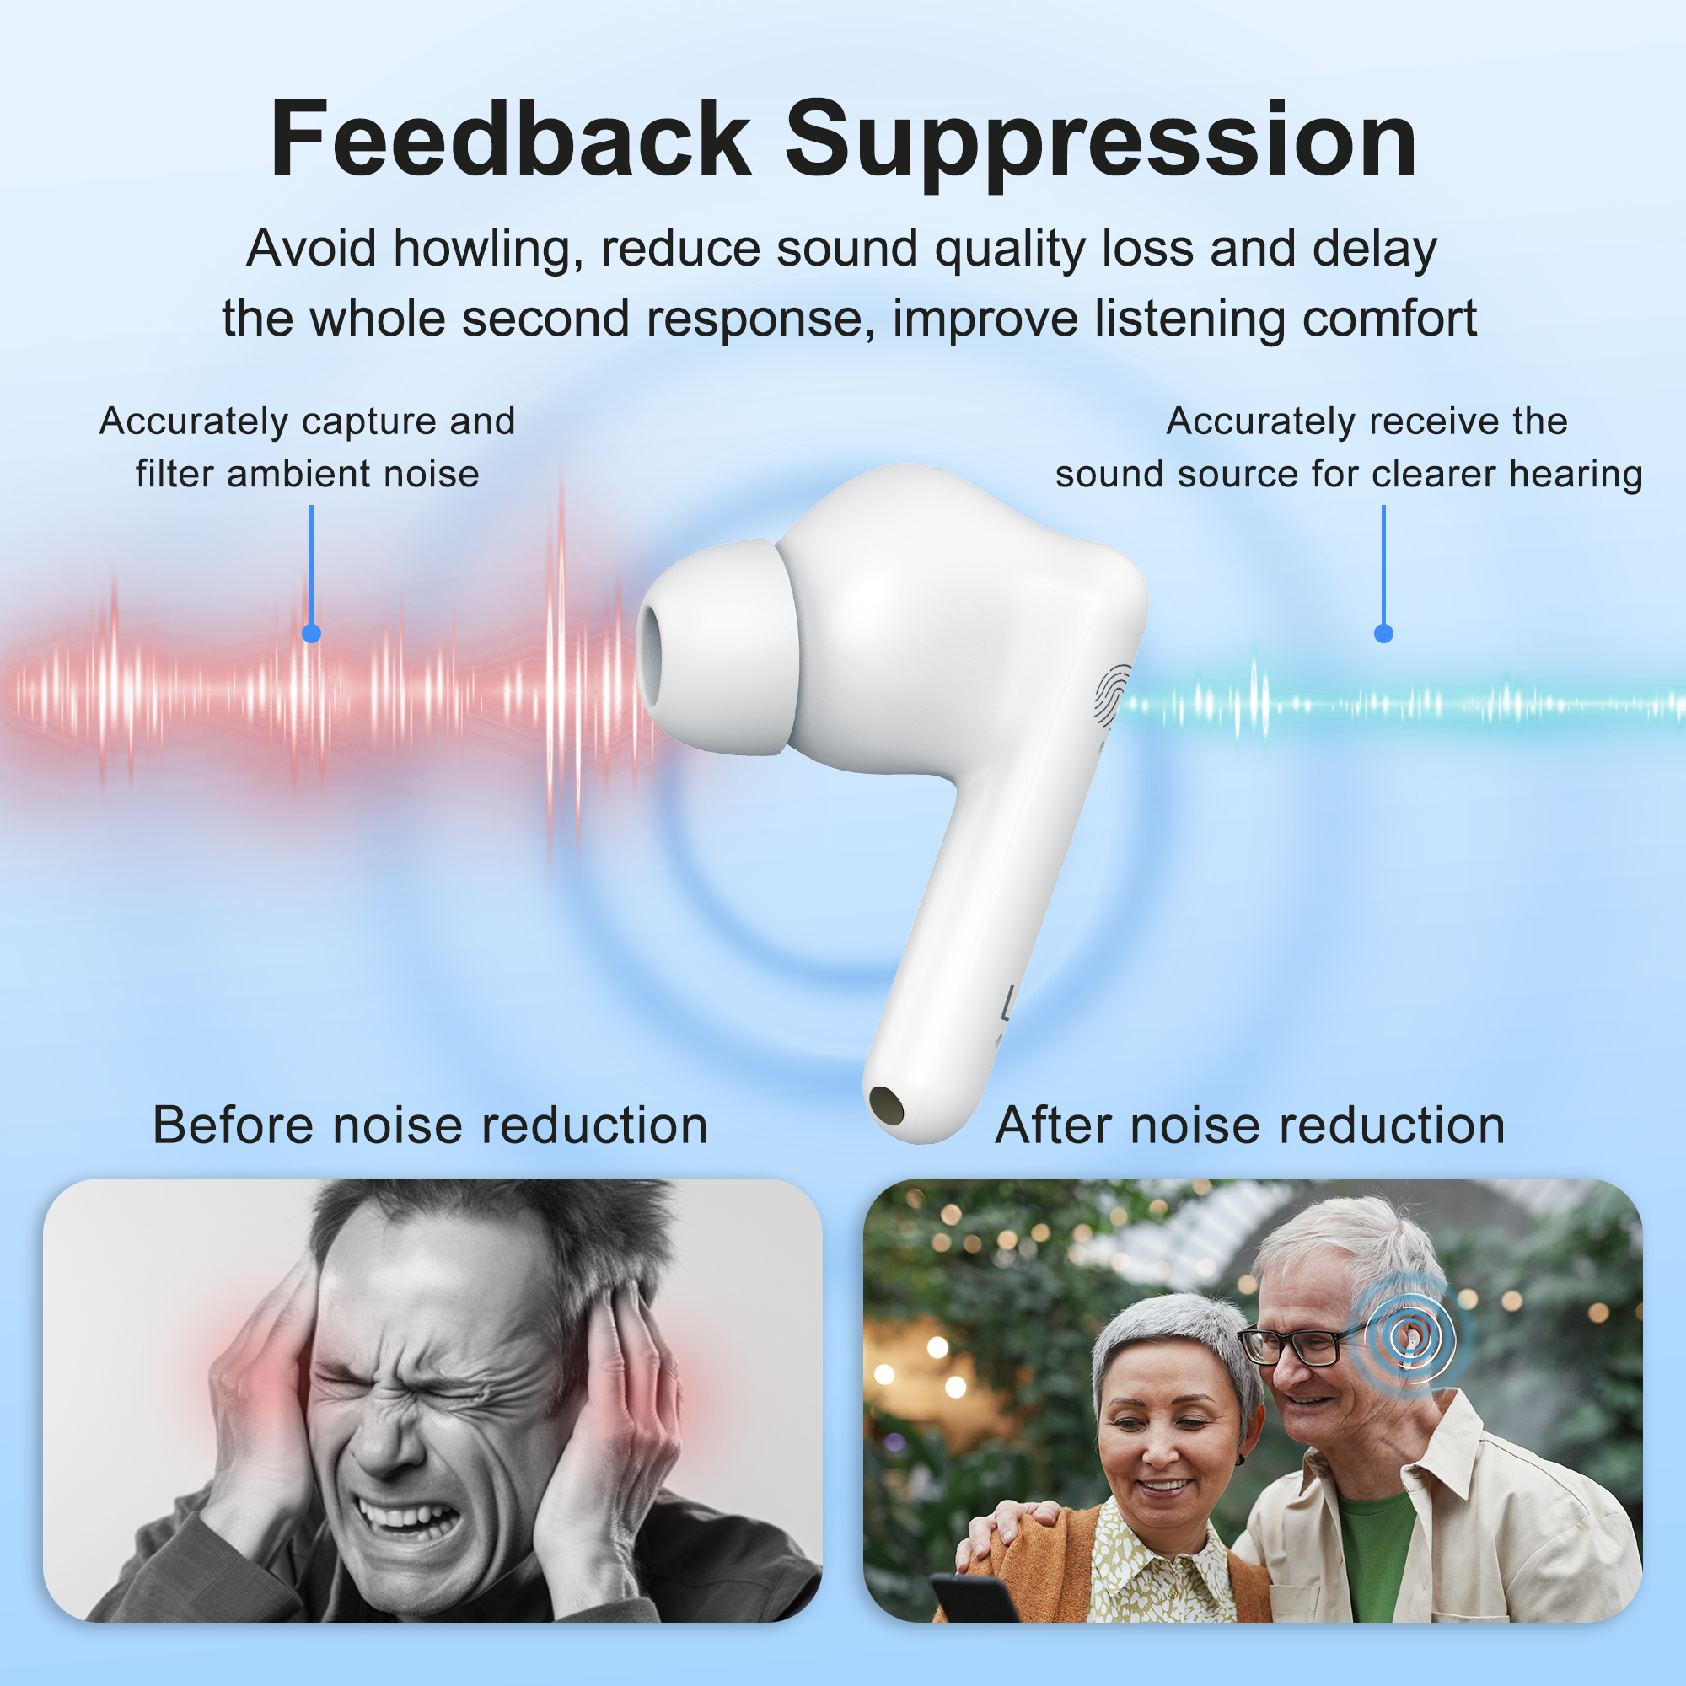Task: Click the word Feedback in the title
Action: click(511, 140)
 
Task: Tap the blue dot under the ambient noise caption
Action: click(312, 634)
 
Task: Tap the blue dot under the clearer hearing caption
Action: click(1383, 634)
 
